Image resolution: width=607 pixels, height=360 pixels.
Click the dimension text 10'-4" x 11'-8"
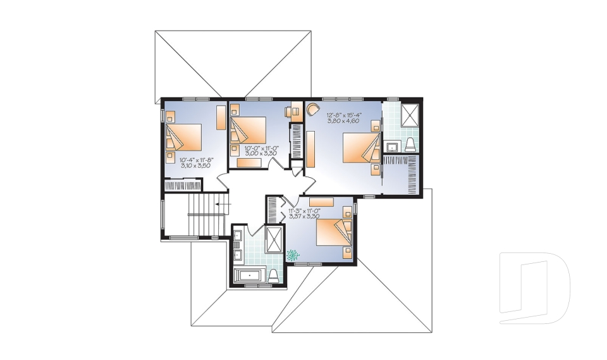[x=194, y=159]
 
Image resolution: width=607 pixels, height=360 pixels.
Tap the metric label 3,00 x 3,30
[x=262, y=154]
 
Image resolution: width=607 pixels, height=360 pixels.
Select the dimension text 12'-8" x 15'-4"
[x=343, y=115]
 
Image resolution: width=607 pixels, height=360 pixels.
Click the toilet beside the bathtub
[x=274, y=275]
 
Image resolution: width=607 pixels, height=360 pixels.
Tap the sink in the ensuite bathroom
[x=391, y=147]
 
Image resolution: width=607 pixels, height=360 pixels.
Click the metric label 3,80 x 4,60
[x=343, y=121]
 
